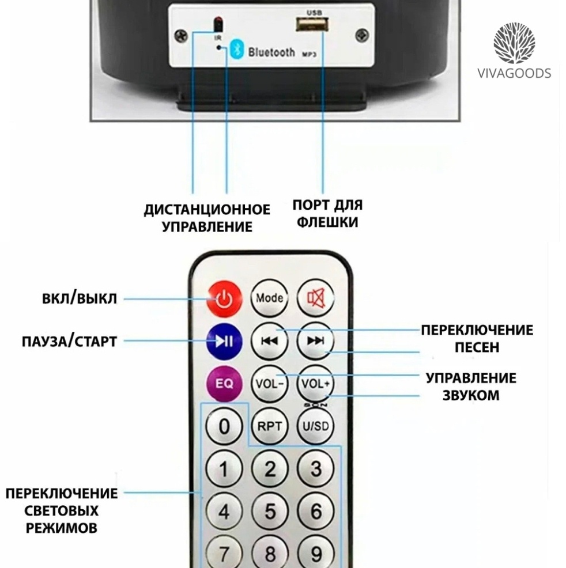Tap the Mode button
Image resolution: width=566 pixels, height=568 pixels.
click(270, 298)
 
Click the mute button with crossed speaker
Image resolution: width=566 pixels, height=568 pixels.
click(315, 298)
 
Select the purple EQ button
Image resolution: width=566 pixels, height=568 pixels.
click(224, 384)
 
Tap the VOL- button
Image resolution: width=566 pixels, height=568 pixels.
click(270, 384)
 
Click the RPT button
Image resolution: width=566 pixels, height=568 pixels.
click(270, 426)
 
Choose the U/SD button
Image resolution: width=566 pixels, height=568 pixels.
click(315, 426)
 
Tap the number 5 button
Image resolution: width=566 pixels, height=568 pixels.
click(270, 511)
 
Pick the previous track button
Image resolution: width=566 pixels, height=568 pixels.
click(270, 341)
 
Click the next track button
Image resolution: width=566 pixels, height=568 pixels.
click(315, 341)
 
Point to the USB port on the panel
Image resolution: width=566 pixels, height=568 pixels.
click(312, 25)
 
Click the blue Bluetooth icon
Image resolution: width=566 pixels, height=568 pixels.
click(237, 49)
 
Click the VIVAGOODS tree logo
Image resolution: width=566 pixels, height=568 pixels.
click(514, 43)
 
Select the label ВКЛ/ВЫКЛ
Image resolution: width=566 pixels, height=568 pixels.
click(80, 298)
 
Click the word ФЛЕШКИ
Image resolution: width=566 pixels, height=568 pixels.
click(327, 222)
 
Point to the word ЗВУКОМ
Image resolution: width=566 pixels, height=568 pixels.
click(471, 395)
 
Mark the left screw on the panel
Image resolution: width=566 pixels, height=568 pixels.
click(181, 36)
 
